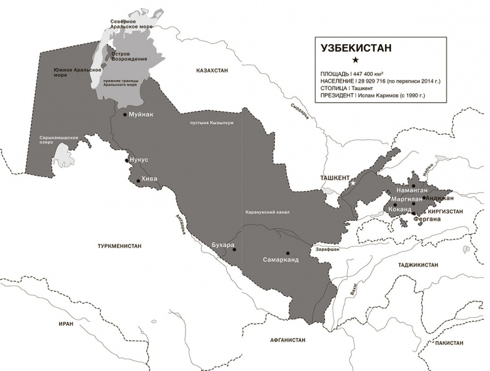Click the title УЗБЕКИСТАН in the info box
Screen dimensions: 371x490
tap(356, 47)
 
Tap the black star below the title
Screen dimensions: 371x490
tap(355, 60)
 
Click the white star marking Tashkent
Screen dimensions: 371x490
tap(352, 183)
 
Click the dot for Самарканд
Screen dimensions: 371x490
tap(288, 253)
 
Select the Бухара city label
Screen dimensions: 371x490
tap(223, 245)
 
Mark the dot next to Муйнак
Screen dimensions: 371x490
tap(125, 115)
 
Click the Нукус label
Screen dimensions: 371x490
tap(140, 159)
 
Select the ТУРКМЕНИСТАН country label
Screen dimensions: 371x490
tap(119, 246)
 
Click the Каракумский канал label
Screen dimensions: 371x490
tap(267, 212)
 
